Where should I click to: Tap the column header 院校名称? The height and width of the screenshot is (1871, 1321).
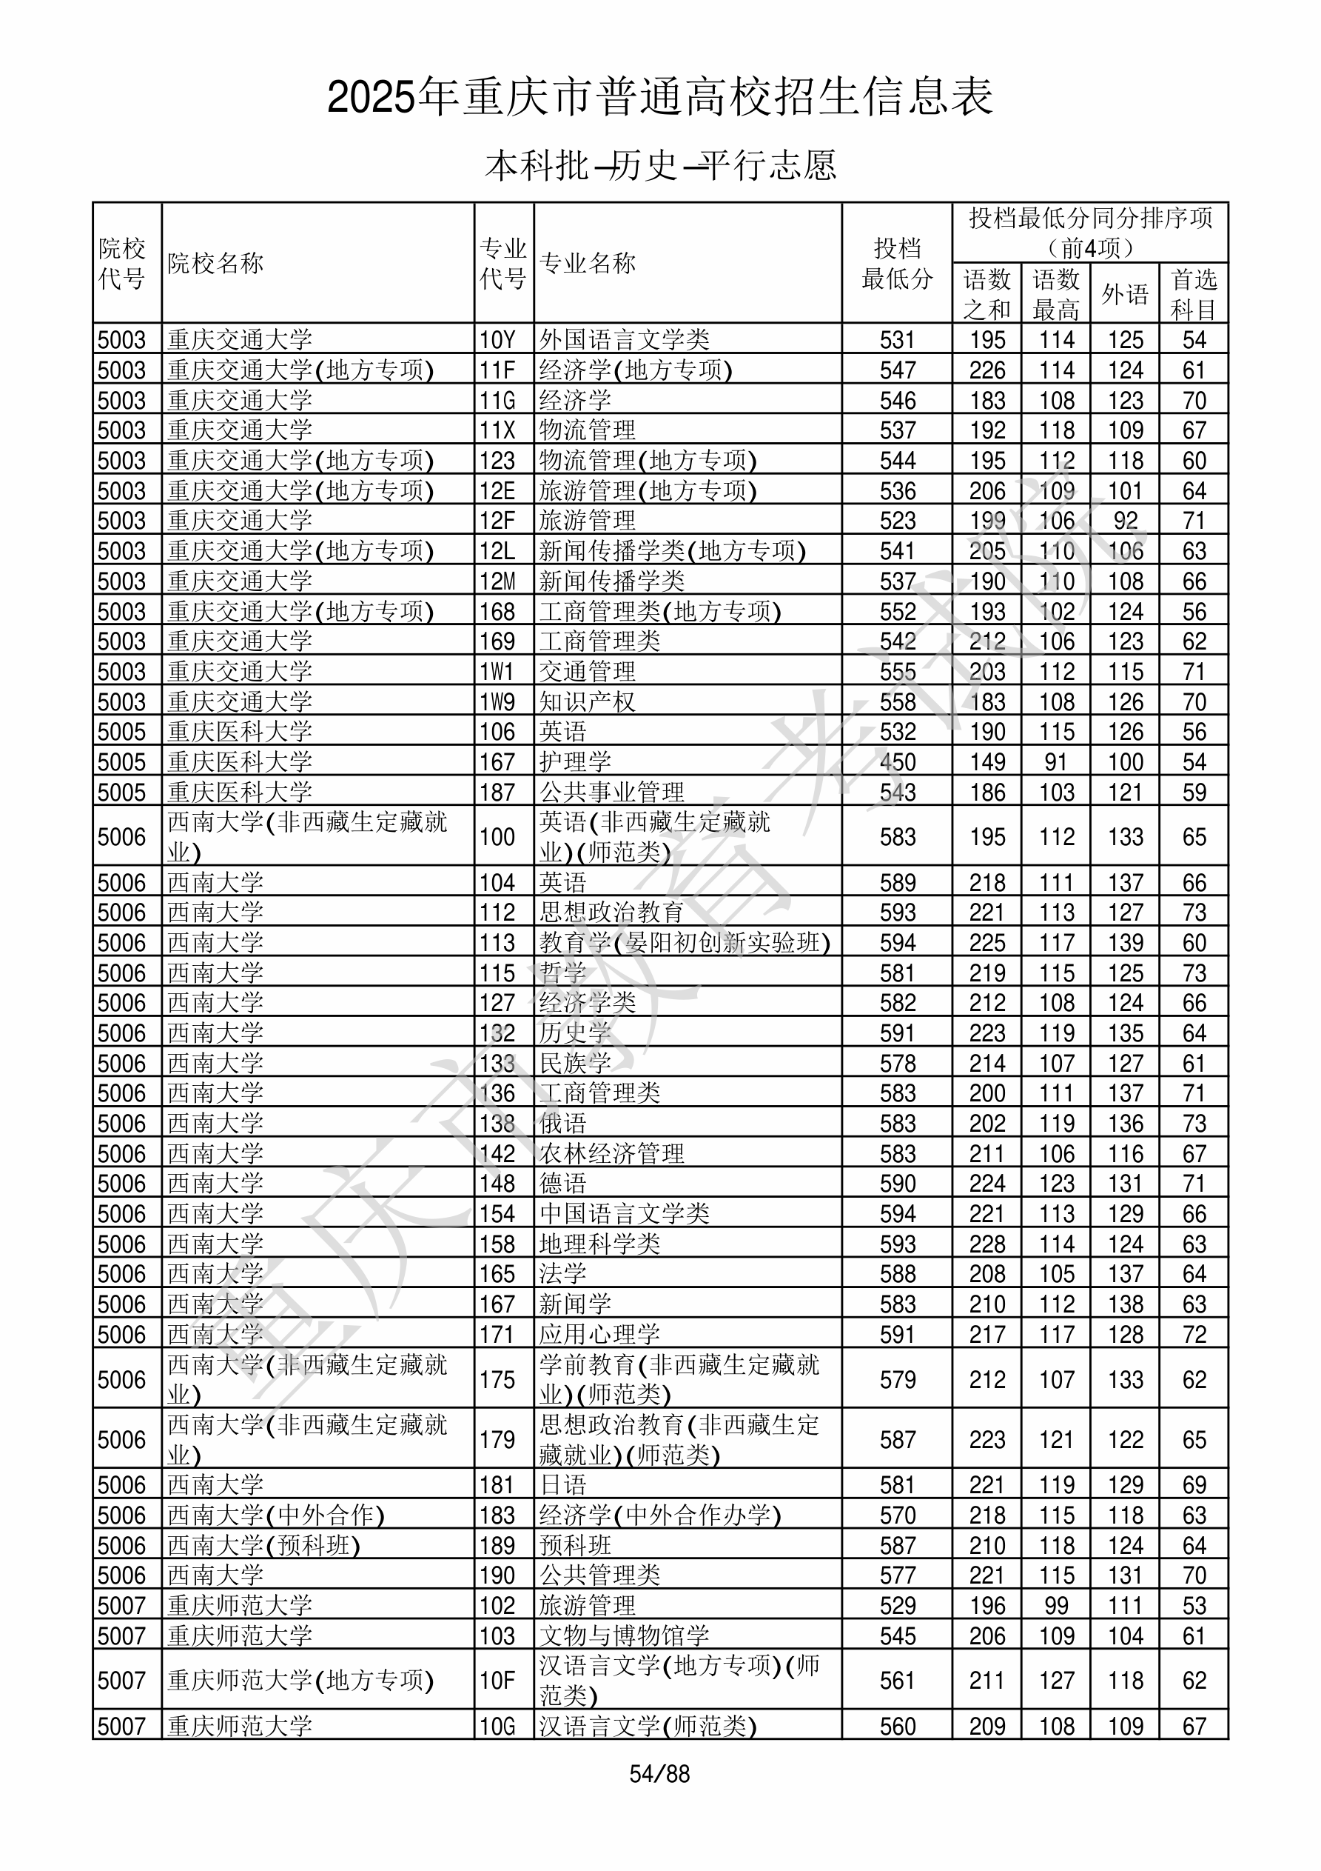[216, 263]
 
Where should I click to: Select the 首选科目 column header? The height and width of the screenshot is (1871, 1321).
[1193, 294]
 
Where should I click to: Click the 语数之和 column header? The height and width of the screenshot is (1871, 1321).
[986, 294]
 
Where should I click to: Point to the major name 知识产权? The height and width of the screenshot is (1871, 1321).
[586, 701]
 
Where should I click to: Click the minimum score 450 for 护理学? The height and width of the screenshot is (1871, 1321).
[897, 762]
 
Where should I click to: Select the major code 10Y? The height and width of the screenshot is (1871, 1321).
[497, 340]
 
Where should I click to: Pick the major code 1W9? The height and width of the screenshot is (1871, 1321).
[497, 701]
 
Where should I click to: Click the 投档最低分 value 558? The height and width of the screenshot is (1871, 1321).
[897, 701]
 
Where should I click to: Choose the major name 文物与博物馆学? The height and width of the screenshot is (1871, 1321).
[623, 1636]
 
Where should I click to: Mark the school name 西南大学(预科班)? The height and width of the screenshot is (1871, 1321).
[263, 1546]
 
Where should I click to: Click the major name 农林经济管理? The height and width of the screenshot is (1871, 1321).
[611, 1154]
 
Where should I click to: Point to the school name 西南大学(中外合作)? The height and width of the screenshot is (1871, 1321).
[275, 1515]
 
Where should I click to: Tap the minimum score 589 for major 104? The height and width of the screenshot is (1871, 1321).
[897, 882]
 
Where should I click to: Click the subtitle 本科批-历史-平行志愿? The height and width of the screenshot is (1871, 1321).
[660, 165]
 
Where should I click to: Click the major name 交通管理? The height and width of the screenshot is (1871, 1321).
[586, 672]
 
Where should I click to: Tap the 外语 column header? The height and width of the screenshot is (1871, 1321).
[1125, 294]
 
